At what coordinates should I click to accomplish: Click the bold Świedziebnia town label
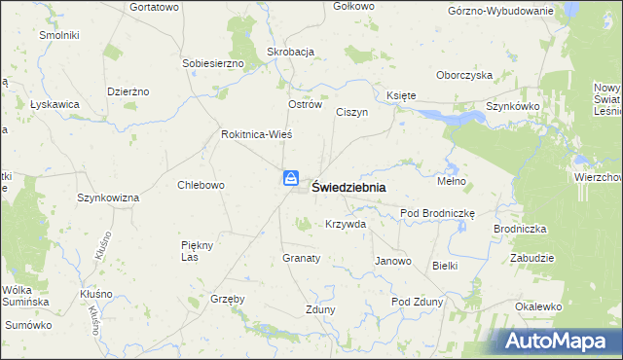pyautogui.click(x=348, y=188)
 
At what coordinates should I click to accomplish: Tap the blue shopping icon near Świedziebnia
pyautogui.click(x=291, y=178)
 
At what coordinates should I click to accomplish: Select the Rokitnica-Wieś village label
pyautogui.click(x=257, y=134)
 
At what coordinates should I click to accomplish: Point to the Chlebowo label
pyautogui.click(x=202, y=185)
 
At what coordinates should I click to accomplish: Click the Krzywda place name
pyautogui.click(x=346, y=224)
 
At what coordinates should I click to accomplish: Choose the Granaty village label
pyautogui.click(x=301, y=259)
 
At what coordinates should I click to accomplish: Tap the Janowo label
pyautogui.click(x=393, y=262)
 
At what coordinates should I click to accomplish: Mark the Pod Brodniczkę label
pyautogui.click(x=436, y=213)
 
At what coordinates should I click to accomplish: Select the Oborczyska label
pyautogui.click(x=464, y=75)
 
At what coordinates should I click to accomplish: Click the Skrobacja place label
pyautogui.click(x=290, y=52)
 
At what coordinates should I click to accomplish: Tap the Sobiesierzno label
pyautogui.click(x=212, y=63)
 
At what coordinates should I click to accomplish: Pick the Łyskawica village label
pyautogui.click(x=55, y=104)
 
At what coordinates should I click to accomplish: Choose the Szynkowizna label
pyautogui.click(x=108, y=198)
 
